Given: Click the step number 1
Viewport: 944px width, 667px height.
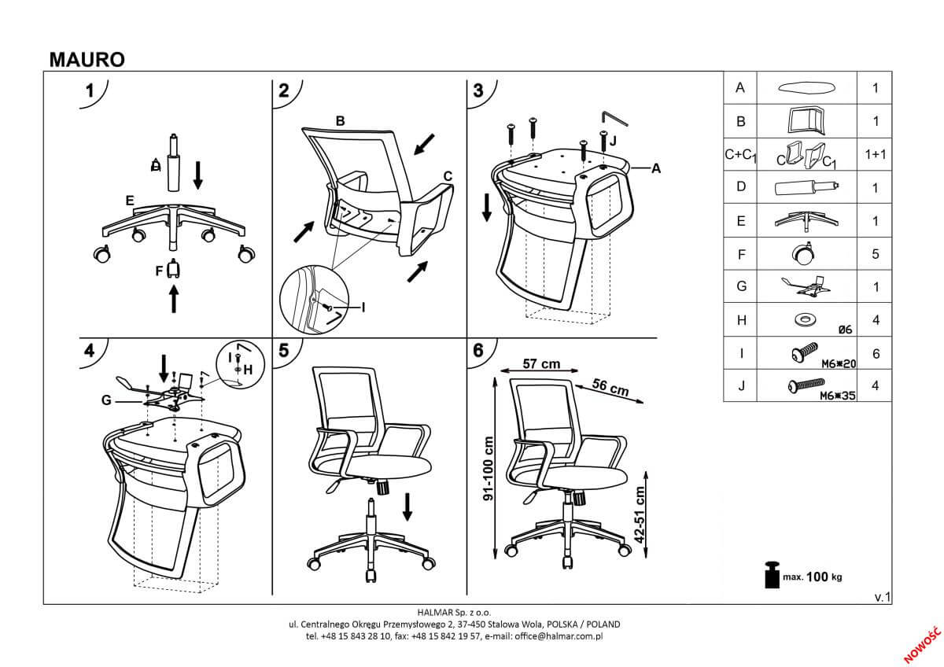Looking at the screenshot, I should click(91, 90).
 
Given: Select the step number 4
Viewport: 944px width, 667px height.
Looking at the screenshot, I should click(91, 351).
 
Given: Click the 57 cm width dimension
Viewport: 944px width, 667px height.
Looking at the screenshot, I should click(541, 363).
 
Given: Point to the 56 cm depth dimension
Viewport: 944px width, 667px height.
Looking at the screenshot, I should click(610, 388).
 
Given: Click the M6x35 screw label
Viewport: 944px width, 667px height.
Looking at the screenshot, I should click(837, 396).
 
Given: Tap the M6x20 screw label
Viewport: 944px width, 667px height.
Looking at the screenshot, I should click(837, 363).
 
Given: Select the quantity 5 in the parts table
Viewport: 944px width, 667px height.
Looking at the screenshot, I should click(876, 255).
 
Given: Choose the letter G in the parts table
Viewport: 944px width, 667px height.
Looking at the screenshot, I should click(740, 287).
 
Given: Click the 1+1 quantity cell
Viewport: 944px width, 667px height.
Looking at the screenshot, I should click(876, 154).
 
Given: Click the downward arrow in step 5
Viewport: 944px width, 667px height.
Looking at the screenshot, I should click(407, 506).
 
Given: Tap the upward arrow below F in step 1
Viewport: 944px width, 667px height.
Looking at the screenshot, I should click(174, 299).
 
